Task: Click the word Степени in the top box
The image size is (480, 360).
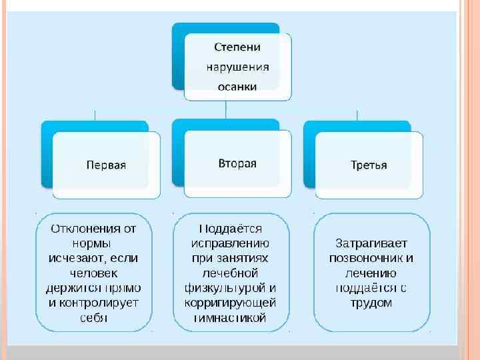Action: (x=237, y=47)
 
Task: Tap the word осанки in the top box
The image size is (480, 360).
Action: (x=237, y=85)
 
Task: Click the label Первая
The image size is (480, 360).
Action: (x=106, y=165)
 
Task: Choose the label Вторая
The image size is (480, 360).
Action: (x=237, y=163)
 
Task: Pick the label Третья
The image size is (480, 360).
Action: (x=369, y=165)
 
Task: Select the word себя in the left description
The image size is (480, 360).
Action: (x=93, y=317)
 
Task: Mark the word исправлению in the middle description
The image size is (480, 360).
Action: (x=231, y=243)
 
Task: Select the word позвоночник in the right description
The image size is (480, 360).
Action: (x=365, y=258)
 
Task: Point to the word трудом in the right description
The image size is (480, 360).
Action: (x=371, y=303)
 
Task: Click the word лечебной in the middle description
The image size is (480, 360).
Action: (x=231, y=273)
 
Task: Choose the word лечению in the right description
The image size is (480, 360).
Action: (x=371, y=273)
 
